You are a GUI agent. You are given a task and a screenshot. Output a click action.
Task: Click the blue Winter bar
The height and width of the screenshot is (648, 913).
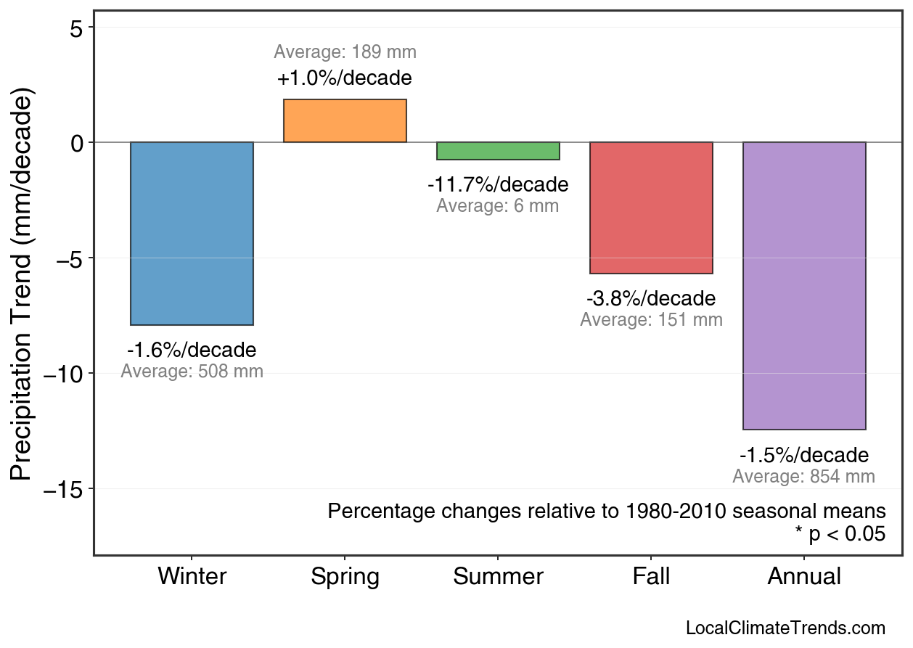point(192,233)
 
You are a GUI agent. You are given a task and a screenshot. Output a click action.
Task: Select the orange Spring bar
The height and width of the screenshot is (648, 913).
point(345,120)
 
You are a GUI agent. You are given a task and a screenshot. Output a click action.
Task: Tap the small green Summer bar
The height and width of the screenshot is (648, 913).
point(498,150)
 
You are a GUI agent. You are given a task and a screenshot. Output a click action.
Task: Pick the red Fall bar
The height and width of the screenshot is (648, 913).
point(651,208)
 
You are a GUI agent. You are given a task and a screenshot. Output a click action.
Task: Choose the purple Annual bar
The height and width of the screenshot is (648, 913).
point(804,285)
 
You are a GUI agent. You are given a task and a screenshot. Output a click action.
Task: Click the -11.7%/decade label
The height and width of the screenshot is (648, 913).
point(498,184)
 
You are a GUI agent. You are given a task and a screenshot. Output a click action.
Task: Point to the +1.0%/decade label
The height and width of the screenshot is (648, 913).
point(345,78)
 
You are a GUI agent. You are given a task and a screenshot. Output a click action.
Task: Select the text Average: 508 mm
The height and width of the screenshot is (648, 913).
point(192,372)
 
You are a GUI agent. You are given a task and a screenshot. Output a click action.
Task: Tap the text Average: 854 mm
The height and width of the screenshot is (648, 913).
point(803,477)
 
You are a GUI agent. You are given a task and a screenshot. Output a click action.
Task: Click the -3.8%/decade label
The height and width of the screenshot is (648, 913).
point(651,298)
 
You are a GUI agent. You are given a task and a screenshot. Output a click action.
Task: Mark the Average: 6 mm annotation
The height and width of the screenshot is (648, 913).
point(498,206)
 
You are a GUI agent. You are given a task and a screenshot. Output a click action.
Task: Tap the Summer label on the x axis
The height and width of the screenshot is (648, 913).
point(498,577)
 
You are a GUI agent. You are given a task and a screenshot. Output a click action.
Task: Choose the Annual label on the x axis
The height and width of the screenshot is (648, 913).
point(804,577)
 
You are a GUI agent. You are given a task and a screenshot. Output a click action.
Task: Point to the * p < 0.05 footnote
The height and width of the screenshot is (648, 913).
point(840,534)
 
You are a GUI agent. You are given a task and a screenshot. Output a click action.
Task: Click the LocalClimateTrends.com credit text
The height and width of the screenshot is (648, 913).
point(785,628)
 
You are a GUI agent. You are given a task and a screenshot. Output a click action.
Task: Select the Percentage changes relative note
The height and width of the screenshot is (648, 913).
point(607,511)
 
